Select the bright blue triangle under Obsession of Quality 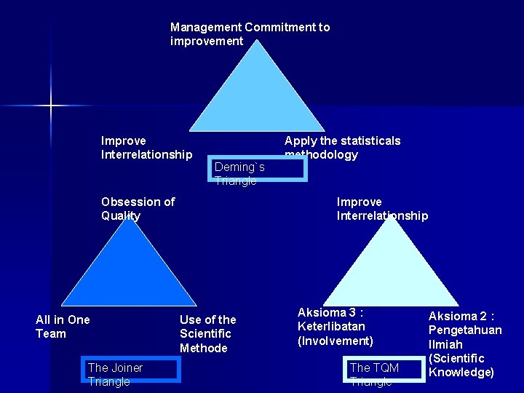pyautogui.click(x=129, y=269)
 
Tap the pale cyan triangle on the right pyautogui.click(x=392, y=269)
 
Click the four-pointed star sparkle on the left pyautogui.click(x=51, y=106)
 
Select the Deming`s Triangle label pyautogui.click(x=239, y=174)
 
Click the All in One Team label pyautogui.click(x=63, y=327)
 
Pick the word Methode pyautogui.click(x=204, y=348)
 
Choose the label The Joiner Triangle pyautogui.click(x=115, y=374)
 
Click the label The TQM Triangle pyautogui.click(x=374, y=374)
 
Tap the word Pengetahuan pyautogui.click(x=465, y=330)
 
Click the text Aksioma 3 pyautogui.click(x=330, y=312)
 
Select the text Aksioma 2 pyautogui.click(x=461, y=316)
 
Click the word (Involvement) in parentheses pyautogui.click(x=336, y=341)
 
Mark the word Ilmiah pyautogui.click(x=445, y=344)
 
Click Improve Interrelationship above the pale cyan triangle pyautogui.click(x=382, y=208)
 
